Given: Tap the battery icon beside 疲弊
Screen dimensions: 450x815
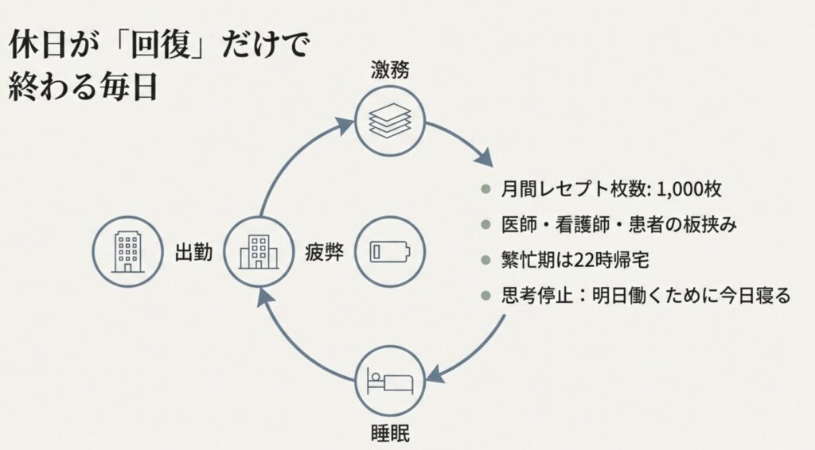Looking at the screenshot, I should tap(390, 251).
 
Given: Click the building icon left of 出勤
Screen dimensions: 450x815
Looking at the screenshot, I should tap(127, 251).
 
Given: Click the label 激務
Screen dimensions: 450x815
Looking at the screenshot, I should tap(390, 70).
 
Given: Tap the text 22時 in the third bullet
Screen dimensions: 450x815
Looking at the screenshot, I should tap(592, 260).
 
